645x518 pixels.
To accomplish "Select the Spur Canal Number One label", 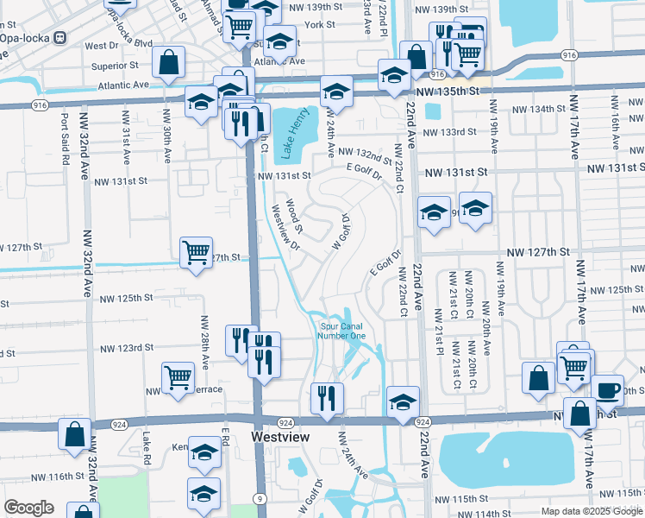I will tap(342, 331).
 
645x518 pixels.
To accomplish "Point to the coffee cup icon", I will tap(606, 389).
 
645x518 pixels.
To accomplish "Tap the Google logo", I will tap(29, 508).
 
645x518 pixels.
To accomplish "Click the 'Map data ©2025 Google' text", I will tap(591, 511).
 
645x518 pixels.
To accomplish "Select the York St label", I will tap(319, 25).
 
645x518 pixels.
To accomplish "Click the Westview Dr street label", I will tap(285, 227).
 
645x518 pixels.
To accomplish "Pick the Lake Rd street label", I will tap(147, 447).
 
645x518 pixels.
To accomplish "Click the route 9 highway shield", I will tap(259, 498).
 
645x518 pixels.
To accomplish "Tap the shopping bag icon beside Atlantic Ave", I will tap(168, 62).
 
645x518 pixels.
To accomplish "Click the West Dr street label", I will tap(102, 45).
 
